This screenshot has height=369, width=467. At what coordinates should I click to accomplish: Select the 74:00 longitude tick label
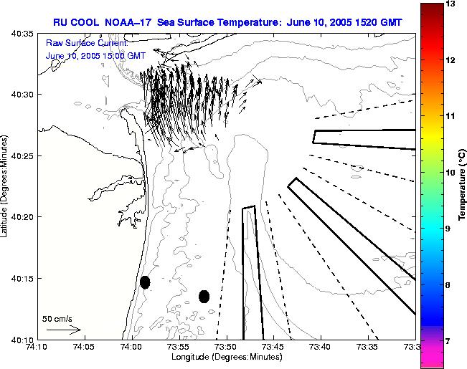pyautogui.click(x=131, y=347)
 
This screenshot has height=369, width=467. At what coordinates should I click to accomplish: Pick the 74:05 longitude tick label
pyautogui.click(x=84, y=347)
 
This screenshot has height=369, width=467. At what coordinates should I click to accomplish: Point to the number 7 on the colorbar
pyautogui.click(x=450, y=340)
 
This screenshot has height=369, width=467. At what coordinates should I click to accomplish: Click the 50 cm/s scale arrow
pyautogui.click(x=63, y=330)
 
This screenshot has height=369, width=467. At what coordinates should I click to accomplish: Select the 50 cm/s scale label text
pyautogui.click(x=57, y=318)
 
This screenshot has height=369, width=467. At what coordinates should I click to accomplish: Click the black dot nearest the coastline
pyautogui.click(x=145, y=282)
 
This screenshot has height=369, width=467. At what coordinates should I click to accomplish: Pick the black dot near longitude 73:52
pyautogui.click(x=204, y=296)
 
